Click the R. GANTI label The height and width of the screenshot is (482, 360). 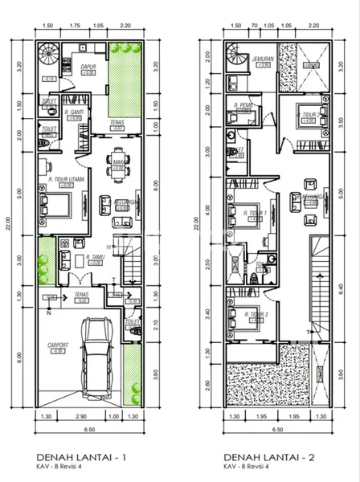coord(76,112)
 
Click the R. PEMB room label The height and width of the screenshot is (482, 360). coord(244,105)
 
